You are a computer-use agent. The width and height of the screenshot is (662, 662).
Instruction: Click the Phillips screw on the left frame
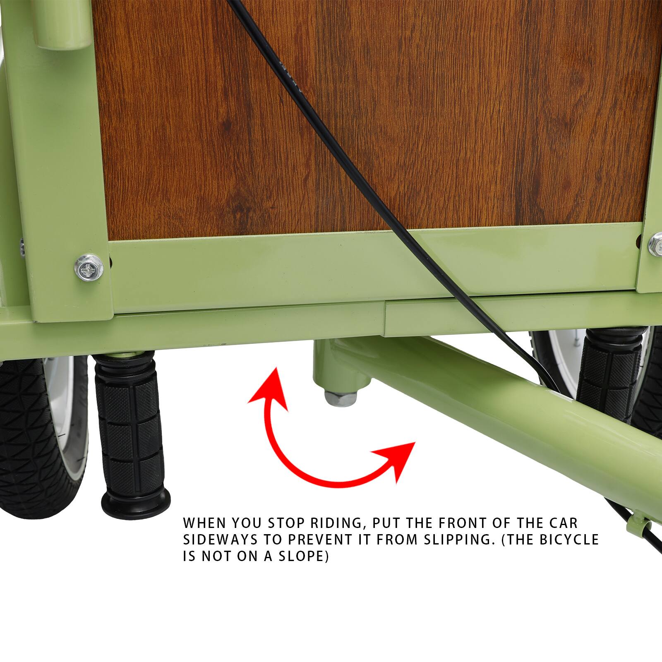tap(89, 268)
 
